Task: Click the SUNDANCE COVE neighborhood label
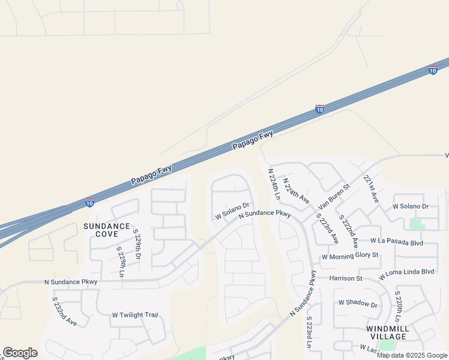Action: coord(106,230)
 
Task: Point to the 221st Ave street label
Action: coord(371,188)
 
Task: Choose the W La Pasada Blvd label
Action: coord(397,241)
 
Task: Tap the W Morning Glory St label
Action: coord(351,256)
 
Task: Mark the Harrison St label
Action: coord(346,278)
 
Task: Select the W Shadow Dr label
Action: coord(358,304)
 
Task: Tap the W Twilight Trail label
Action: coord(134,315)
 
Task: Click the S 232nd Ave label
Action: coord(64,311)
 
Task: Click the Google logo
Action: coord(20,352)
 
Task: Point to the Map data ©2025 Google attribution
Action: coord(412,355)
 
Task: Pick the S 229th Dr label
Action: coord(136,243)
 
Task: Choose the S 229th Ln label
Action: coord(121,262)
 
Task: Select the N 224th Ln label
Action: coord(274,184)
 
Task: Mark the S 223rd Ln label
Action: coord(309,333)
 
